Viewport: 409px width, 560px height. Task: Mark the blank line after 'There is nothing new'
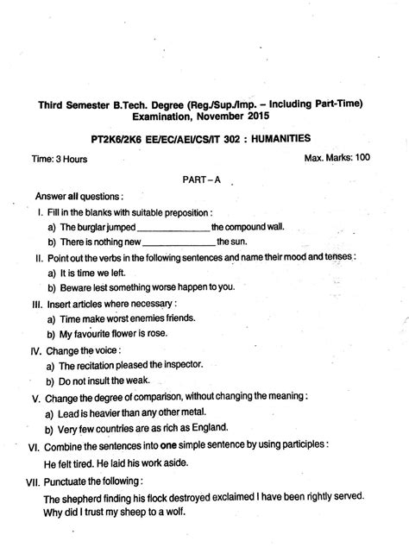[x=178, y=242]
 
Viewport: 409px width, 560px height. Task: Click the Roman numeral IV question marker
[x=36, y=353]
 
